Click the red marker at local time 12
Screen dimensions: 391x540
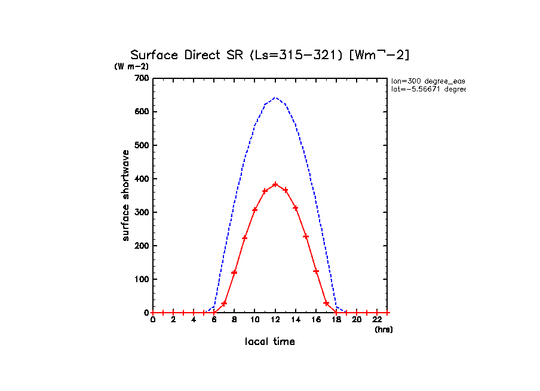tap(275, 184)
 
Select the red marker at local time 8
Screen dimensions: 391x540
tap(234, 273)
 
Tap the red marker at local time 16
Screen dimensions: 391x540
tap(316, 271)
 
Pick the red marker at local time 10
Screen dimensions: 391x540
tap(254, 210)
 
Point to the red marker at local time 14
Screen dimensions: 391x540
tap(296, 208)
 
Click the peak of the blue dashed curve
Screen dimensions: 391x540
tap(275, 97)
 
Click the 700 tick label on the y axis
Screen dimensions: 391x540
tap(142, 78)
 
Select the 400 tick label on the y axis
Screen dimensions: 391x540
tap(142, 179)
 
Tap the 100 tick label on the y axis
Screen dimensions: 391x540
tap(142, 279)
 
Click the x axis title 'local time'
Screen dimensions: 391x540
tap(270, 341)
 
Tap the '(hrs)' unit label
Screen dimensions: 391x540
tap(383, 329)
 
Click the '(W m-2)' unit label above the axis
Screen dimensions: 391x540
tap(131, 66)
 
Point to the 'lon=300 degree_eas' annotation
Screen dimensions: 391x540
tap(428, 80)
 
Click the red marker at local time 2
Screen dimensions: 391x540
tap(173, 313)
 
